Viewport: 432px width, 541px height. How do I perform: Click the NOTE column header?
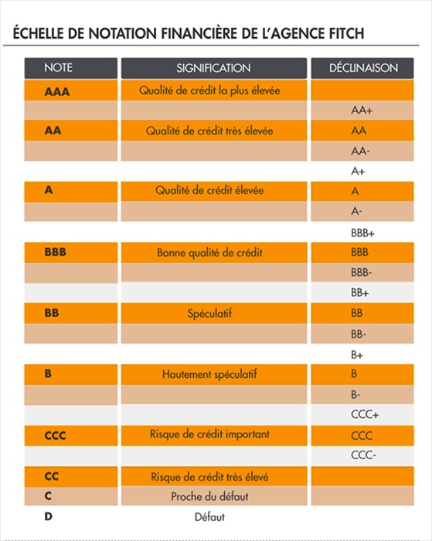tap(59, 68)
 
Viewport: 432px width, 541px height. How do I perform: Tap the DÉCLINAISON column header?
tap(362, 68)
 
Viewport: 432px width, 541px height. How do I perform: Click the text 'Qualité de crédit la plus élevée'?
tap(209, 90)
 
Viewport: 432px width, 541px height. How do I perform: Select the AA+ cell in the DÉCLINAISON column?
tap(362, 111)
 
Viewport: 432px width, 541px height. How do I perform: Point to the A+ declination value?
tap(358, 171)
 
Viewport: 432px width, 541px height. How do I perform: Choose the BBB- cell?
tap(361, 272)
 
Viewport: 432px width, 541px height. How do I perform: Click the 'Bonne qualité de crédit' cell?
tap(209, 252)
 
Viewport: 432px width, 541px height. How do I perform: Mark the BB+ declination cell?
tap(360, 293)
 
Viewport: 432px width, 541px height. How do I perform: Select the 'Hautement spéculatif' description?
tap(209, 374)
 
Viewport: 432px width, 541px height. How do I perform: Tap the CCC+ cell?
tap(364, 415)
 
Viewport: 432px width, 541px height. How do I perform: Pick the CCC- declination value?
tap(363, 455)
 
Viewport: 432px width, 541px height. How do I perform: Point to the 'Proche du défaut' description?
tap(209, 496)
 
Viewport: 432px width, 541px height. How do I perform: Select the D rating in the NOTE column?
tap(49, 515)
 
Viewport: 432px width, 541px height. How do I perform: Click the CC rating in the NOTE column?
tap(52, 477)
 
